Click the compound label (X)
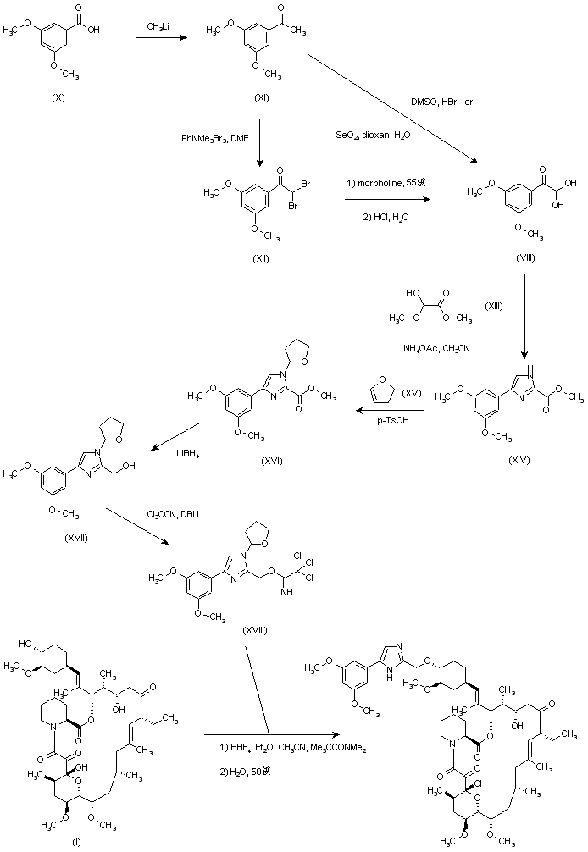coord(58,99)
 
